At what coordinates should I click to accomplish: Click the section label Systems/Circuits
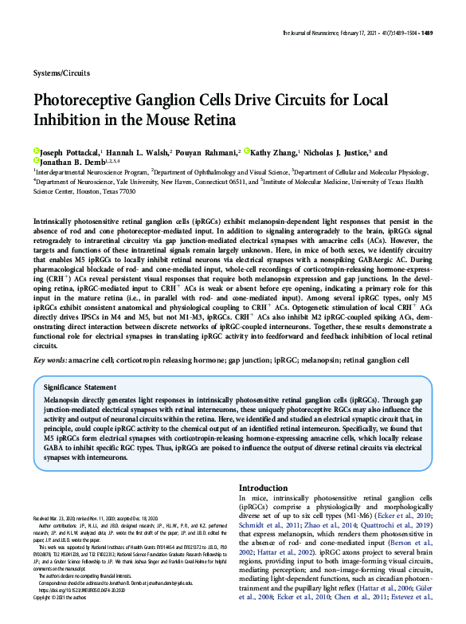point(62,73)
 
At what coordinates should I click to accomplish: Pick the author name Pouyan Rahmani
point(209,151)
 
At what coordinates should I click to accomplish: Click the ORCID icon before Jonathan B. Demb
point(36,162)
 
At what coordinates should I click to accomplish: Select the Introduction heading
point(264,488)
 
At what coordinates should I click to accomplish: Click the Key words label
point(49,360)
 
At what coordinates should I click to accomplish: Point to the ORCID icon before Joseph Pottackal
point(36,151)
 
